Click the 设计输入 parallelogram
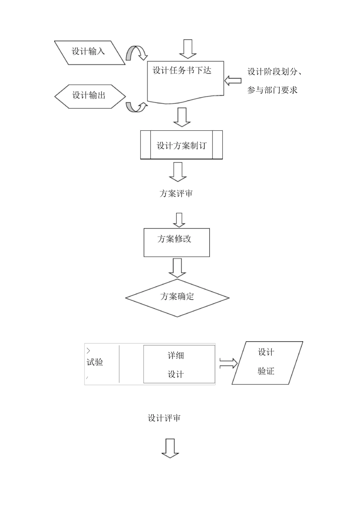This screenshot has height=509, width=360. pos(89,52)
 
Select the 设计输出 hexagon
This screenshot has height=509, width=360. pos(90,96)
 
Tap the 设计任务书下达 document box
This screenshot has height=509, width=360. pos(185,81)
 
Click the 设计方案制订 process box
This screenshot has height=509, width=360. pos(181,145)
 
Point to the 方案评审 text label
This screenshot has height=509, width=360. pos(176,194)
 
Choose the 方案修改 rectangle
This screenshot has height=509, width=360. pos(177,242)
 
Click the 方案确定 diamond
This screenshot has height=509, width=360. pos(177,298)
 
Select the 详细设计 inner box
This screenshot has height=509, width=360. pos(179,364)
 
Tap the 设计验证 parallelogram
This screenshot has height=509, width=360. pos(267,363)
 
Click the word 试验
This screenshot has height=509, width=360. pos(95,362)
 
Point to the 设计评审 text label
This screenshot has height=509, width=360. pos(164,418)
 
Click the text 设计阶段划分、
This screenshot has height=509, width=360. pos(277,72)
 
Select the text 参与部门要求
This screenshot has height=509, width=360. pos(272,90)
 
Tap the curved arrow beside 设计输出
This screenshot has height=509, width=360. pos(136,107)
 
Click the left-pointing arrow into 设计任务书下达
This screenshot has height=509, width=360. pos(233,80)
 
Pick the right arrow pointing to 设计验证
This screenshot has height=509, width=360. pos(228,364)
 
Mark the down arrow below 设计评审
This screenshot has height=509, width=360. pos(170,448)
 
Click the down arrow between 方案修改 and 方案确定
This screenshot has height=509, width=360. pos(177,268)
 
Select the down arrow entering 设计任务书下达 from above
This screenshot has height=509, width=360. pos(188,49)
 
